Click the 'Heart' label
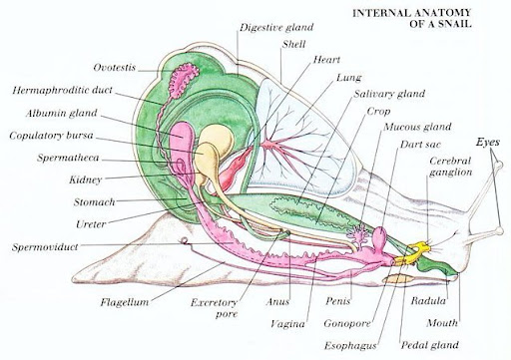tap(326, 61)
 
